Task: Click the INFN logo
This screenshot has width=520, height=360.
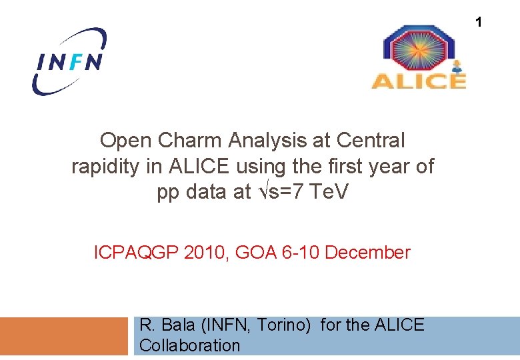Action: tap(69, 61)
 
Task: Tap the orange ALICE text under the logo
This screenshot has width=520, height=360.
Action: tap(418, 81)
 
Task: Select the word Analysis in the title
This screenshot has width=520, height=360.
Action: tap(280, 141)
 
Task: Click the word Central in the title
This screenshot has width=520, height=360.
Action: tap(371, 141)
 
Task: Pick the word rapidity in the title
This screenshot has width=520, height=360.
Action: tap(106, 167)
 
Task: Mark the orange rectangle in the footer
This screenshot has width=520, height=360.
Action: tap(63, 336)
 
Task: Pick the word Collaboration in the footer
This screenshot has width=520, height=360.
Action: tap(189, 345)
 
